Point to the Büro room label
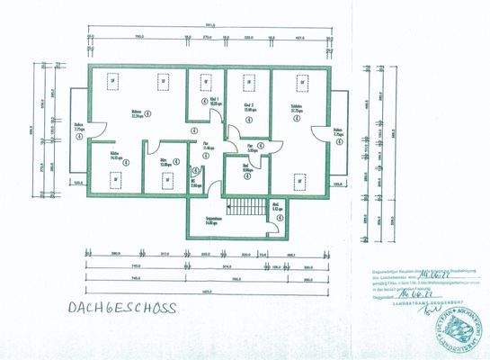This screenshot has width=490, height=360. (166, 163)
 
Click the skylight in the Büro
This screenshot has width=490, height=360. (167, 180)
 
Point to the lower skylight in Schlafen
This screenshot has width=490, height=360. (298, 181)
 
